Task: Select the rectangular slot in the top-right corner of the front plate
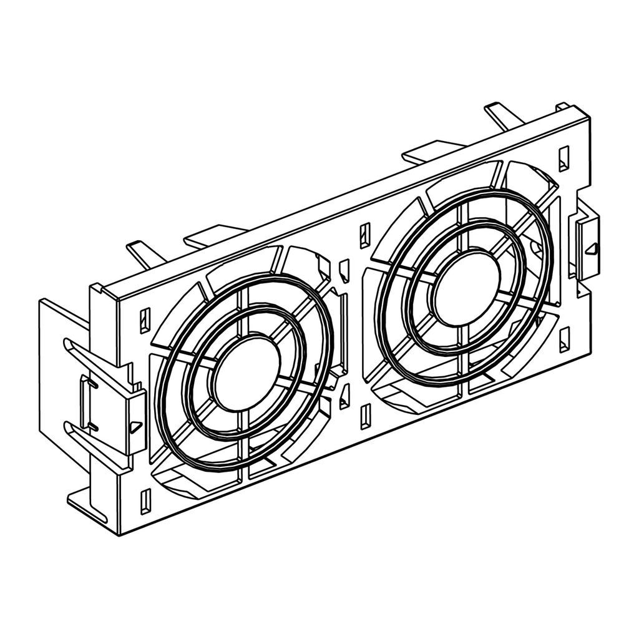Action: [563, 158]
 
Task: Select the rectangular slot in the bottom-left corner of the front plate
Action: [145, 501]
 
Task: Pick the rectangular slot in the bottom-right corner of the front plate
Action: [564, 339]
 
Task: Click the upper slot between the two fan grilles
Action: [365, 235]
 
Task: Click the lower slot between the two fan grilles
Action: [366, 416]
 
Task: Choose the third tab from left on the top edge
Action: [431, 150]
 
